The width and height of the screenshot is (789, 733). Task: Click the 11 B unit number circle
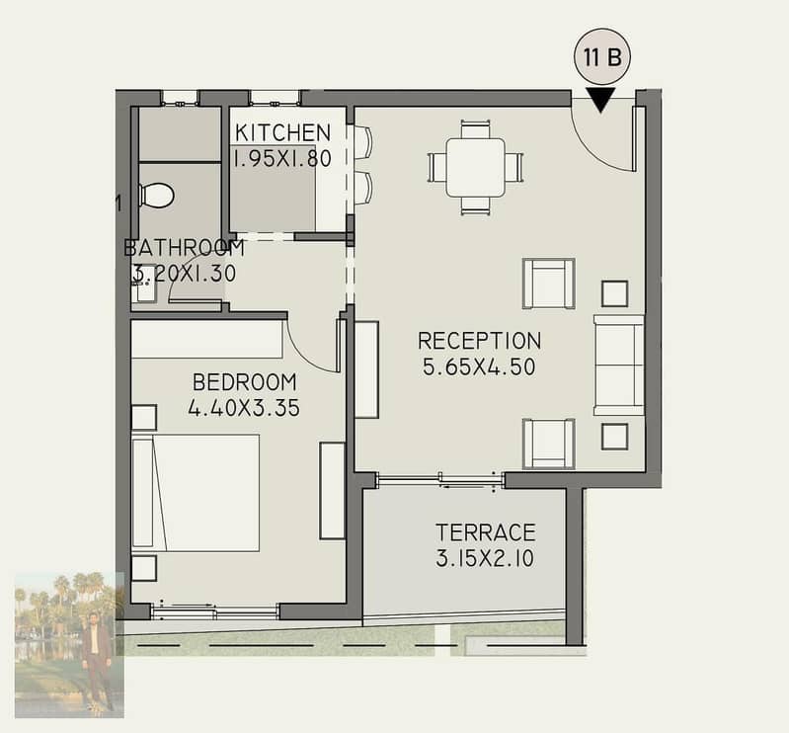(601, 57)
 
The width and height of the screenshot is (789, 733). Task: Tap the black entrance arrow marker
(600, 100)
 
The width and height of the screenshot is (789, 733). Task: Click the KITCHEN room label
(282, 132)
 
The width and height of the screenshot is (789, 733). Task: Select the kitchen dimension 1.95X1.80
(282, 159)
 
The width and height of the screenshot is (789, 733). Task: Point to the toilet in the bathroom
(156, 195)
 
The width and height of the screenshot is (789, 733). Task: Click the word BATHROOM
(185, 248)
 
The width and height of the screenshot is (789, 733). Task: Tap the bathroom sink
(144, 290)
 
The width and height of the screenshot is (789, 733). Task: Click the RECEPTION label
(480, 341)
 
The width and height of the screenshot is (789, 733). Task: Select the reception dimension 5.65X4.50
(479, 366)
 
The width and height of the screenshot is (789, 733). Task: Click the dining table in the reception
(476, 168)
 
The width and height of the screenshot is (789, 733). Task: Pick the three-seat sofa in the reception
(619, 365)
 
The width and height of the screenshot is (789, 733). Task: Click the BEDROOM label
(245, 382)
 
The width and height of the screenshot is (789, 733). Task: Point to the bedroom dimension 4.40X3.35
(244, 408)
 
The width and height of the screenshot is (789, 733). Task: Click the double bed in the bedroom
(196, 493)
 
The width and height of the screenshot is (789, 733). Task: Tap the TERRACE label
(486, 532)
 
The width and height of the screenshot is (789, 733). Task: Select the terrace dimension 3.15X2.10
(485, 559)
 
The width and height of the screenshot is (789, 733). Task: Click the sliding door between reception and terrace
(440, 480)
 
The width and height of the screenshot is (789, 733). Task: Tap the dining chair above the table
(476, 128)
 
